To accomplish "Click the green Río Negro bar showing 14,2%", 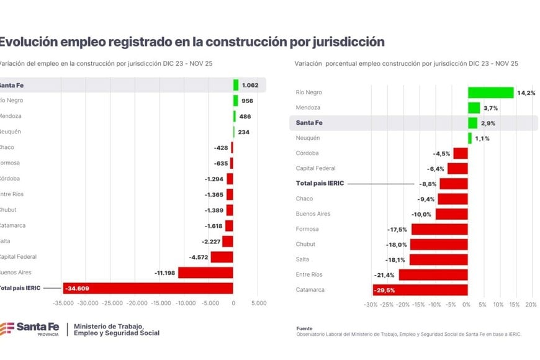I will click(x=490, y=92).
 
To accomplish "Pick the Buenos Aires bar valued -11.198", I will click(x=205, y=272).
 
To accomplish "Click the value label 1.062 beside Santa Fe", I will click(x=250, y=85).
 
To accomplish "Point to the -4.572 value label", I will click(x=199, y=257).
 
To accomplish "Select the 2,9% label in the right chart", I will click(x=489, y=123).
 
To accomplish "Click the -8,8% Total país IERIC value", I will click(x=428, y=184).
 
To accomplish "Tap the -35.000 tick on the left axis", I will click(x=63, y=304).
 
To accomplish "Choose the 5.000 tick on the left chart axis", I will click(x=259, y=304).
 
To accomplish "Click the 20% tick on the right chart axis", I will click(x=531, y=305).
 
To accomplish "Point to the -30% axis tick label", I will click(x=370, y=305).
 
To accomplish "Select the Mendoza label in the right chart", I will click(x=308, y=107).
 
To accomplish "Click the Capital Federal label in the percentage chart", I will click(x=315, y=168).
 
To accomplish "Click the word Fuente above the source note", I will click(x=304, y=328).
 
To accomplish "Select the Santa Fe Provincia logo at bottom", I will click(x=31, y=329).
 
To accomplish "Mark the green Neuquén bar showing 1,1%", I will click(x=470, y=138).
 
